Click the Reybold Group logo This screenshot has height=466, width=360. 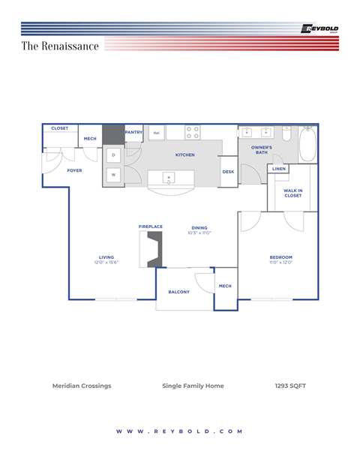click(x=319, y=29)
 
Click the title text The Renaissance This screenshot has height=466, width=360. click(x=60, y=47)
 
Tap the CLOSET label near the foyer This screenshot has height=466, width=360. click(x=60, y=128)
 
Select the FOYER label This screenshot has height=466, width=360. click(x=74, y=170)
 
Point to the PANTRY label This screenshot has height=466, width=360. click(x=134, y=132)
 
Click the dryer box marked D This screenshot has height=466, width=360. click(x=113, y=155)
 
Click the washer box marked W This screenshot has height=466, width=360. click(x=113, y=175)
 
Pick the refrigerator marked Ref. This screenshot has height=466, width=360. click(x=157, y=133)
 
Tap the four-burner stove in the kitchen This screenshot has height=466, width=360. click(x=193, y=132)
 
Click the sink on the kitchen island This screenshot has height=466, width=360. click(x=169, y=178)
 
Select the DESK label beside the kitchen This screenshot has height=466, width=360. click(x=228, y=172)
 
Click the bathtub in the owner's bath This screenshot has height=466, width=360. click(x=308, y=143)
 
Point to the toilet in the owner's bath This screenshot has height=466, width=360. click(x=286, y=133)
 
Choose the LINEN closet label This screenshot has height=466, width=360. click(x=278, y=169)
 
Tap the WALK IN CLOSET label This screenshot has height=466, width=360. click(x=293, y=194)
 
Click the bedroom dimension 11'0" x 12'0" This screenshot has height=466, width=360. click(x=281, y=263)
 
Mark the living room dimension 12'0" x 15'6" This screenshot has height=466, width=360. click(x=106, y=263)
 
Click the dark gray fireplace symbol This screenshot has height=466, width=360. click(x=154, y=249)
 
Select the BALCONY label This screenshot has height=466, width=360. click(x=178, y=292)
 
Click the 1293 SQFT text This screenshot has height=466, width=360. click(x=290, y=386)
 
